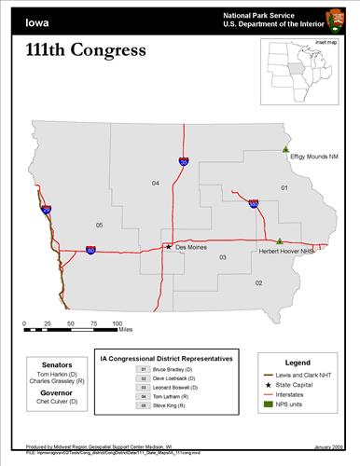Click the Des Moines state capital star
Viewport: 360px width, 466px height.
[x=168, y=247]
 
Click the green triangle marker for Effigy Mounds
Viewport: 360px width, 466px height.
[x=286, y=149]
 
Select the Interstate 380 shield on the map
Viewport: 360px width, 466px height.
[x=254, y=202]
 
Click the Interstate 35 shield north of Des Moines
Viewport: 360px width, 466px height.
[x=184, y=161]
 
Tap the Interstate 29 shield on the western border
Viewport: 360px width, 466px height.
[x=46, y=210]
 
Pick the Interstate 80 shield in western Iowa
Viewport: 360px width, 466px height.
[x=90, y=250]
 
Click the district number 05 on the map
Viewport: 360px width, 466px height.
[x=99, y=226]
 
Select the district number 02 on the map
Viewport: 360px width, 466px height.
[x=258, y=281]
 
